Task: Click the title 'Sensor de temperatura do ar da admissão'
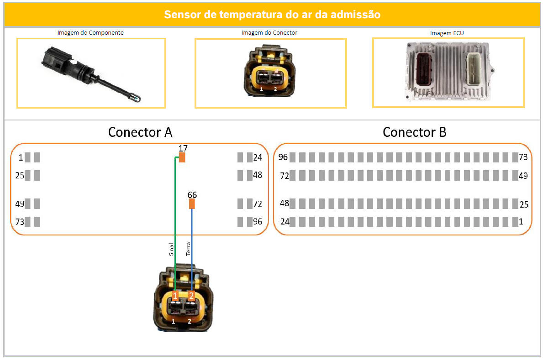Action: pyautogui.click(x=272, y=15)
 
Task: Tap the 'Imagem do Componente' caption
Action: pyautogui.click(x=90, y=32)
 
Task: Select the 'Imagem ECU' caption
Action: pyautogui.click(x=447, y=33)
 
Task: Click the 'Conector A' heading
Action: pyautogui.click(x=140, y=132)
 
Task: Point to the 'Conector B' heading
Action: pyautogui.click(x=415, y=132)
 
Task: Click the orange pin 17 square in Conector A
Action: pyautogui.click(x=182, y=157)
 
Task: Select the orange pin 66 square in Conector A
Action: pyautogui.click(x=192, y=204)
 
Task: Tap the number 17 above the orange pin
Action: pyautogui.click(x=183, y=148)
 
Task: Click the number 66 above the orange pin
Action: pyautogui.click(x=192, y=195)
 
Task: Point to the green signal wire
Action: pyautogui.click(x=175, y=224)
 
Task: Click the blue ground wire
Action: pyautogui.click(x=192, y=250)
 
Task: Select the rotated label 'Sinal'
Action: pyautogui.click(x=171, y=250)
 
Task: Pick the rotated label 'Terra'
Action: pyautogui.click(x=188, y=249)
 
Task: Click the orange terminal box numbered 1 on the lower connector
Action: pyautogui.click(x=175, y=296)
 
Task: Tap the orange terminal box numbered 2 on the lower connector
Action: pyautogui.click(x=191, y=296)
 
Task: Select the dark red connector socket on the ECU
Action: pyautogui.click(x=424, y=69)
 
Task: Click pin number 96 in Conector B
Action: pyautogui.click(x=283, y=157)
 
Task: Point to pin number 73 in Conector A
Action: pyautogui.click(x=20, y=222)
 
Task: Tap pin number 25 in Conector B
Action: pyautogui.click(x=524, y=204)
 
